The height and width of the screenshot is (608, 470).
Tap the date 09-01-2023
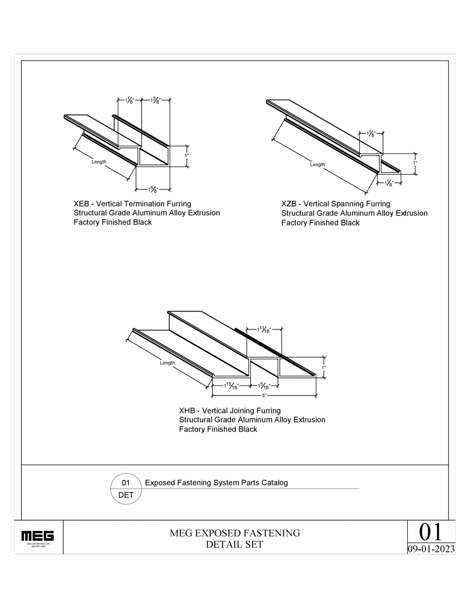click(x=431, y=549)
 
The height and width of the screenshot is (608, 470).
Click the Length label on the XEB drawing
click(x=99, y=162)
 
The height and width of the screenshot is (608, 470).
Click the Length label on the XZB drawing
click(x=317, y=165)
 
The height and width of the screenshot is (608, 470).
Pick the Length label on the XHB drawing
click(x=167, y=363)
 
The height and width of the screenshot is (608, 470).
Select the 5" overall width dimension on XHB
click(x=264, y=395)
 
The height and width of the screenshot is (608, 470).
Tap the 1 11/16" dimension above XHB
click(x=264, y=330)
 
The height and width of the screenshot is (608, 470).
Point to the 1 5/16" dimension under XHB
click(x=264, y=387)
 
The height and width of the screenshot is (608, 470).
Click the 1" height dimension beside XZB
click(x=415, y=163)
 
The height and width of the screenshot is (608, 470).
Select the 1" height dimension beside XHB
click(x=324, y=367)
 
